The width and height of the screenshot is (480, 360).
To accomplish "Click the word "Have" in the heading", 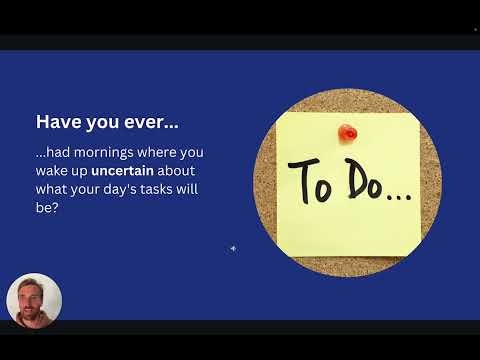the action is (x=58, y=122).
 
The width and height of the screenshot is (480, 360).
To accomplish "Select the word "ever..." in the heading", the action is (x=151, y=122).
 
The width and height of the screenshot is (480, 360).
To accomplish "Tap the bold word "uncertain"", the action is (x=122, y=171).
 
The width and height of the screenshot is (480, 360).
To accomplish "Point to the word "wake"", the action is (x=51, y=171).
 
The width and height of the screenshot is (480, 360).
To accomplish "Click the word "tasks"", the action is (x=156, y=189).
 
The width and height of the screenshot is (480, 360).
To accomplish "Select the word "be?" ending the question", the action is (x=47, y=207).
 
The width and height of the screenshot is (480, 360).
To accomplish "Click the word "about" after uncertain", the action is (x=176, y=171).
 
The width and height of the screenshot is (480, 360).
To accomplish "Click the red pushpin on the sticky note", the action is (x=347, y=133).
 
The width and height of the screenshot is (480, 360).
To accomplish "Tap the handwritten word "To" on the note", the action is (x=310, y=181).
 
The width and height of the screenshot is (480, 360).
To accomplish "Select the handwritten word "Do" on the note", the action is (x=364, y=179).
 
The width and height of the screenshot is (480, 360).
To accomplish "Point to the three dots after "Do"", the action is (x=399, y=197).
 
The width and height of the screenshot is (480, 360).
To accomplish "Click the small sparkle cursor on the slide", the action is (x=233, y=248).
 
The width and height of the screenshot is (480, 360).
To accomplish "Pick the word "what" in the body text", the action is (x=51, y=189).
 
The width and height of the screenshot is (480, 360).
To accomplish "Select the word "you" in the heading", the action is (x=103, y=123).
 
